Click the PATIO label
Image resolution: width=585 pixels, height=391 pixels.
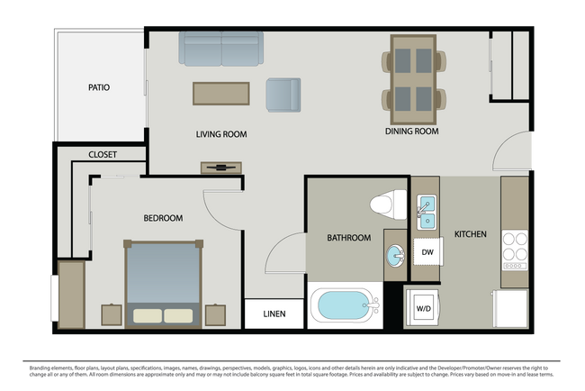click(99, 87)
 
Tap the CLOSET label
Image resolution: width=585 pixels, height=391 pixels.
click(103, 155)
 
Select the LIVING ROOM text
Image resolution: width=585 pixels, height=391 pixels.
click(221, 134)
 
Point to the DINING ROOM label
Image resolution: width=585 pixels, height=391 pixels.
click(411, 132)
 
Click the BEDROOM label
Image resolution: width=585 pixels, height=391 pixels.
click(163, 218)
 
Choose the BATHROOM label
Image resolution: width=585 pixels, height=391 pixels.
click(348, 238)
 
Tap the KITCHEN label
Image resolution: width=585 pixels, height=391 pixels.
click(470, 234)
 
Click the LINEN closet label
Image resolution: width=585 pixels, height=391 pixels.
click(274, 314)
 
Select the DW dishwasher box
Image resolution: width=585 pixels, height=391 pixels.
click(427, 251)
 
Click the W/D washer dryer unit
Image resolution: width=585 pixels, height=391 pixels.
click(422, 307)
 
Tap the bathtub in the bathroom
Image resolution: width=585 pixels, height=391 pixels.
click(345, 307)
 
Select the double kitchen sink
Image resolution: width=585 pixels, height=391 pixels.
click(426, 214)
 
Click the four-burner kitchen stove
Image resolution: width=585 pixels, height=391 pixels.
click(514, 246)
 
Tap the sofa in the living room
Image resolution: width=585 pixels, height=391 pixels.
click(221, 49)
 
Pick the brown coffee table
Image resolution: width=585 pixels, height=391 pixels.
click(221, 94)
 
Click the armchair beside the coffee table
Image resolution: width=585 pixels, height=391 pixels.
click(283, 95)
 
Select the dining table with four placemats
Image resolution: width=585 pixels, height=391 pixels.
click(412, 78)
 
